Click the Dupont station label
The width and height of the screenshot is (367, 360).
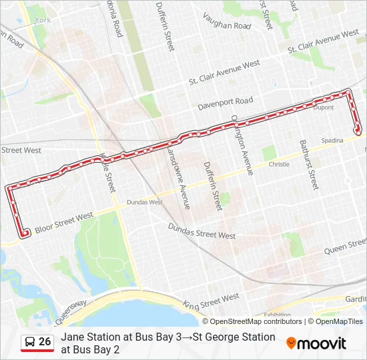(323, 107)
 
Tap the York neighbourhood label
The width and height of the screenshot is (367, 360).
(43, 21)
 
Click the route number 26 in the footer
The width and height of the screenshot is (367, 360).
(45, 342)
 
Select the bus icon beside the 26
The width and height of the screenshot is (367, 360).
(30, 342)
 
